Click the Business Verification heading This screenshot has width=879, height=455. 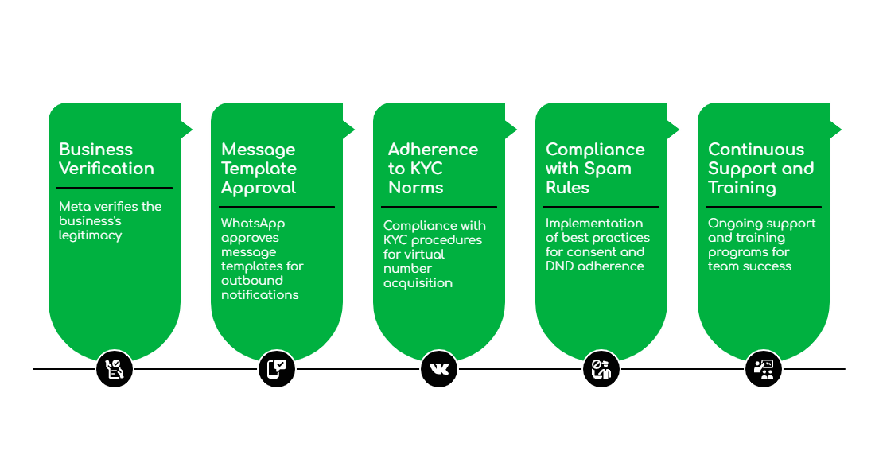coord(106,159)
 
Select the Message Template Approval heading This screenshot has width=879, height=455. coord(259,169)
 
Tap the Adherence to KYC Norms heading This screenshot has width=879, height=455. coord(433,169)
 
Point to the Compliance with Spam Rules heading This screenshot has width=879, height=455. coord(595,169)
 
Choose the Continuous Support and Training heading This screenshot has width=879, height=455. coord(761,169)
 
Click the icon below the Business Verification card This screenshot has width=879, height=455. coord(115,369)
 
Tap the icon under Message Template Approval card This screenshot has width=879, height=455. coord(277,369)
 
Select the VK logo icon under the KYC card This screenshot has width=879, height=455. coord(439,369)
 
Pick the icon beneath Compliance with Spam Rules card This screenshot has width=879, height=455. coord(601,369)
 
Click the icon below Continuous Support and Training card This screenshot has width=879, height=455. coord(764,369)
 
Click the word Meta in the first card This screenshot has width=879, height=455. coord(75,207)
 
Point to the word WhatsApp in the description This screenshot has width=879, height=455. coord(252,224)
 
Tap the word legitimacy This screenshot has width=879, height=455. coord(90,235)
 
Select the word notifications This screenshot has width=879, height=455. coord(260,295)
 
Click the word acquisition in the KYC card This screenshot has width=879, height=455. coord(418,283)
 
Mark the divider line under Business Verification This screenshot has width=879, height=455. coord(115,188)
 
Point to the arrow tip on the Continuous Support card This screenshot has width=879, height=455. coord(842,129)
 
